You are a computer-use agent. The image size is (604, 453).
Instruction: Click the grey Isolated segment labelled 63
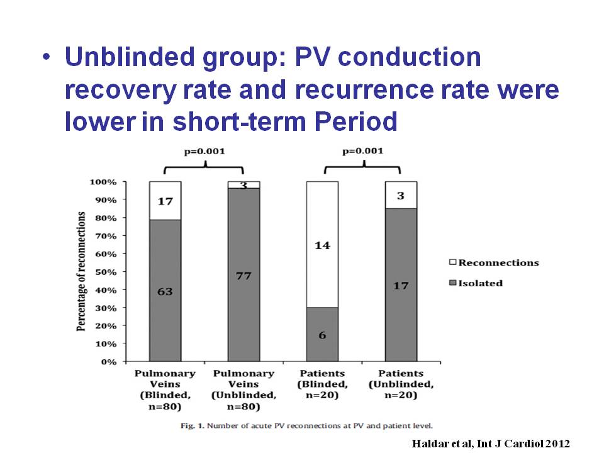click(165, 291)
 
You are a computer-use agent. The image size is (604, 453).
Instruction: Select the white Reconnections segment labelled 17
click(165, 201)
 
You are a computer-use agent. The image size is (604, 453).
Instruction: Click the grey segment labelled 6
click(322, 335)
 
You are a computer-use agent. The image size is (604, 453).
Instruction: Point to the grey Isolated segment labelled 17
click(401, 285)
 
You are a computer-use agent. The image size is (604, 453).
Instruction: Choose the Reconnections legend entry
click(494, 262)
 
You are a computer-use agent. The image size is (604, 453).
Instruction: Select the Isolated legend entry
click(476, 283)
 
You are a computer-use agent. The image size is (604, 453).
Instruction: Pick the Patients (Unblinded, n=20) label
click(401, 383)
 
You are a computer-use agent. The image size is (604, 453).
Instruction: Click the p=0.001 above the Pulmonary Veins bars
click(204, 152)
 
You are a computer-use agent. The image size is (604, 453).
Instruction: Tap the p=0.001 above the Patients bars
click(362, 152)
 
